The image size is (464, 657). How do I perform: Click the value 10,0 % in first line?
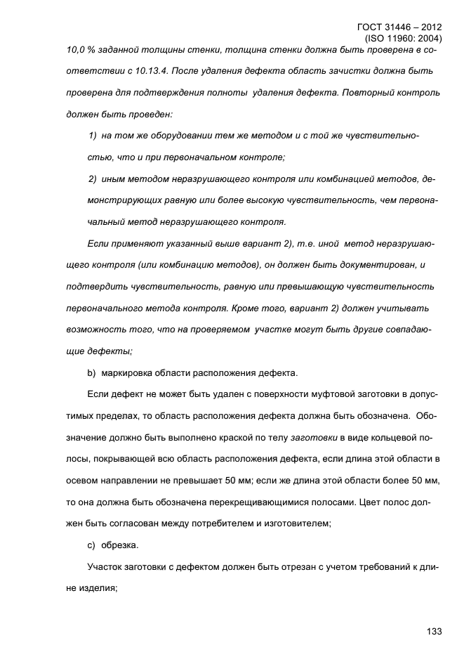(81, 51)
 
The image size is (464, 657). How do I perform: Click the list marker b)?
(91, 372)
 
